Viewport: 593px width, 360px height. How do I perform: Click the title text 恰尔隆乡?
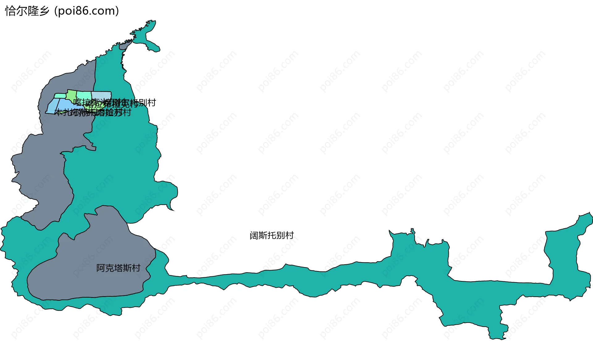click(x=27, y=11)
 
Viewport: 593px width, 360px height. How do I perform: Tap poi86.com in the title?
click(x=86, y=11)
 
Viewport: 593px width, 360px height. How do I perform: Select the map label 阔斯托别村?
click(x=271, y=236)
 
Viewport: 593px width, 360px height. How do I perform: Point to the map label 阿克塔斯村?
click(x=118, y=268)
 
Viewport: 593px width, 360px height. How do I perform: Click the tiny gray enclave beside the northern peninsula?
click(x=124, y=46)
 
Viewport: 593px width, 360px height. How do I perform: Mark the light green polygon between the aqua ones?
click(x=72, y=94)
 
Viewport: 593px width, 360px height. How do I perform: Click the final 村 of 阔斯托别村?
click(x=289, y=236)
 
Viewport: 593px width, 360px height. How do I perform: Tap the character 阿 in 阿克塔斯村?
click(x=100, y=268)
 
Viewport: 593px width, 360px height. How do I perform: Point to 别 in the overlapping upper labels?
click(x=143, y=103)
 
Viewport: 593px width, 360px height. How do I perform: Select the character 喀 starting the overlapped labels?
click(x=77, y=102)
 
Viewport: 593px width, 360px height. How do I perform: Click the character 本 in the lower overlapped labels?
click(x=58, y=112)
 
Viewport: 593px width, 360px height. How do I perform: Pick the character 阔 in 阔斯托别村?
click(x=254, y=236)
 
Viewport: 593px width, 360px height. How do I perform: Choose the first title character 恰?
click(x=10, y=11)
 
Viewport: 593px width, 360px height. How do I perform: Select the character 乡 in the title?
click(x=44, y=11)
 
